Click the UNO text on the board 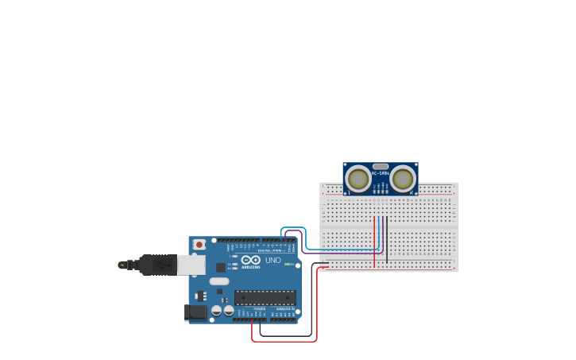pyautogui.click(x=273, y=260)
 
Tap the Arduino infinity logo pyautogui.click(x=251, y=260)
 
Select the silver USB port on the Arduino pyautogui.click(x=191, y=265)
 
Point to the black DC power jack pyautogui.click(x=195, y=312)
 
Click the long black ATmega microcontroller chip pyautogui.click(x=265, y=298)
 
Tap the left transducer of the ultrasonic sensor pyautogui.click(x=358, y=179)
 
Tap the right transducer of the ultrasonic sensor pyautogui.click(x=404, y=179)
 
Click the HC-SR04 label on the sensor pyautogui.click(x=381, y=173)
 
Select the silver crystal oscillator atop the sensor pyautogui.click(x=381, y=166)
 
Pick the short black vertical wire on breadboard pyautogui.click(x=387, y=238)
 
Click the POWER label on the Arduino pyautogui.click(x=260, y=308)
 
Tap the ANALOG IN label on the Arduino pyautogui.click(x=284, y=308)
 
